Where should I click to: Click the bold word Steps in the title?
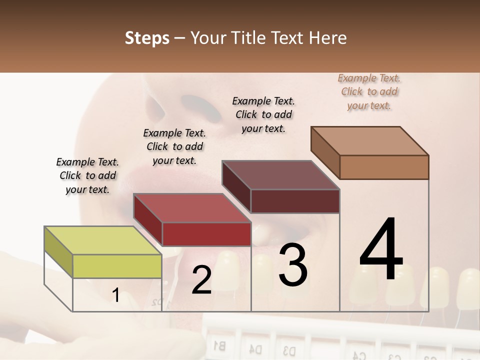[x=147, y=38]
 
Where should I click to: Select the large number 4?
[x=381, y=250]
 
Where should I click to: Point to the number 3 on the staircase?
[x=293, y=265]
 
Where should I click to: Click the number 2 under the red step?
[x=201, y=280]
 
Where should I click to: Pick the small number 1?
[x=116, y=295]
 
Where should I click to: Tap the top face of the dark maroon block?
[x=280, y=175]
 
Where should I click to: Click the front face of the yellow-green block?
[x=117, y=266]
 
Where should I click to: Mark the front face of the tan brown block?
[x=384, y=167]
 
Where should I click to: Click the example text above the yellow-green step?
[x=87, y=175]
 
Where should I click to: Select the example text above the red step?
[x=174, y=146]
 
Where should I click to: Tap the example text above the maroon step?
[x=263, y=114]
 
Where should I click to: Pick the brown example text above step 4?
[x=369, y=91]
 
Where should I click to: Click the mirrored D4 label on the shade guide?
[x=255, y=348]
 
